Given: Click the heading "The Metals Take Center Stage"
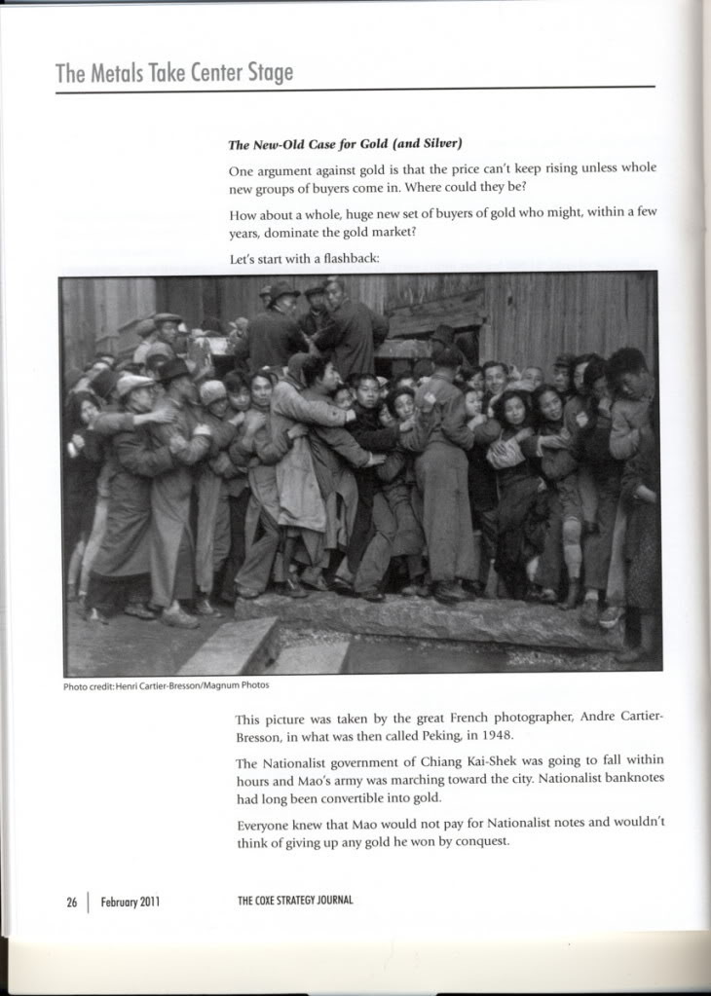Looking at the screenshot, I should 173,73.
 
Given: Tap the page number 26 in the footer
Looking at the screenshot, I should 71,902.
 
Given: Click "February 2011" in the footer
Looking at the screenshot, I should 130,902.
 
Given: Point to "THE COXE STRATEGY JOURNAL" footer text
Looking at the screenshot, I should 295,901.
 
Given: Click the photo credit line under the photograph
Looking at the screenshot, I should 166,685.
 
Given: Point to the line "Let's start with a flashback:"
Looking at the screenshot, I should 304,259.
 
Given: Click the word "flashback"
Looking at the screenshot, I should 349,259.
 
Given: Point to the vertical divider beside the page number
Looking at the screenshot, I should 89,902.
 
